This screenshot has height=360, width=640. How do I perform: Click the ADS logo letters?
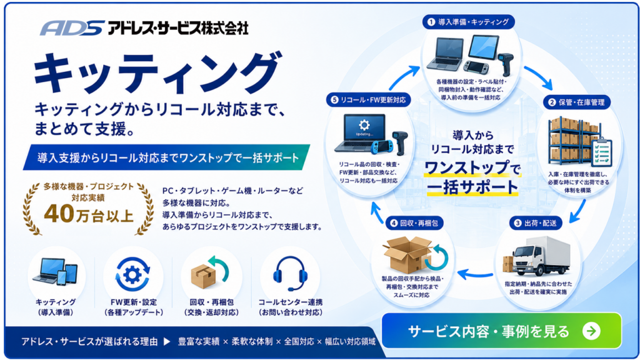[72, 27]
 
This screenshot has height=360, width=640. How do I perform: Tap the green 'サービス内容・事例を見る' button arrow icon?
[591, 331]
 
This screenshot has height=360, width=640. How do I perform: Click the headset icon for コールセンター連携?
[290, 273]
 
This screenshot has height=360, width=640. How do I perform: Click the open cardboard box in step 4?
[407, 256]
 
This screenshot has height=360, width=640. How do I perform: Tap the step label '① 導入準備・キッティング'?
[468, 22]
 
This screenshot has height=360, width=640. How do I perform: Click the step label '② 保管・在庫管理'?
[577, 102]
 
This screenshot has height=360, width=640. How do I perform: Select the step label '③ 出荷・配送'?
[536, 223]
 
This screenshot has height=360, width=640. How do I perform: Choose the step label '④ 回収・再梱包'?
[414, 223]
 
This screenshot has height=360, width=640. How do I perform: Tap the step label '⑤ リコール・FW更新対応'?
[368, 100]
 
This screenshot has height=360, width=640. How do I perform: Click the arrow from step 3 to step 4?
[475, 274]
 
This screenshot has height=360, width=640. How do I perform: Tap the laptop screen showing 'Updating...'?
[364, 127]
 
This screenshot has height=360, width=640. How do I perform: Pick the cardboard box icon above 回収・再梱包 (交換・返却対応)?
[203, 276]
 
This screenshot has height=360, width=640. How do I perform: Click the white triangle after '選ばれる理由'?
[167, 342]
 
